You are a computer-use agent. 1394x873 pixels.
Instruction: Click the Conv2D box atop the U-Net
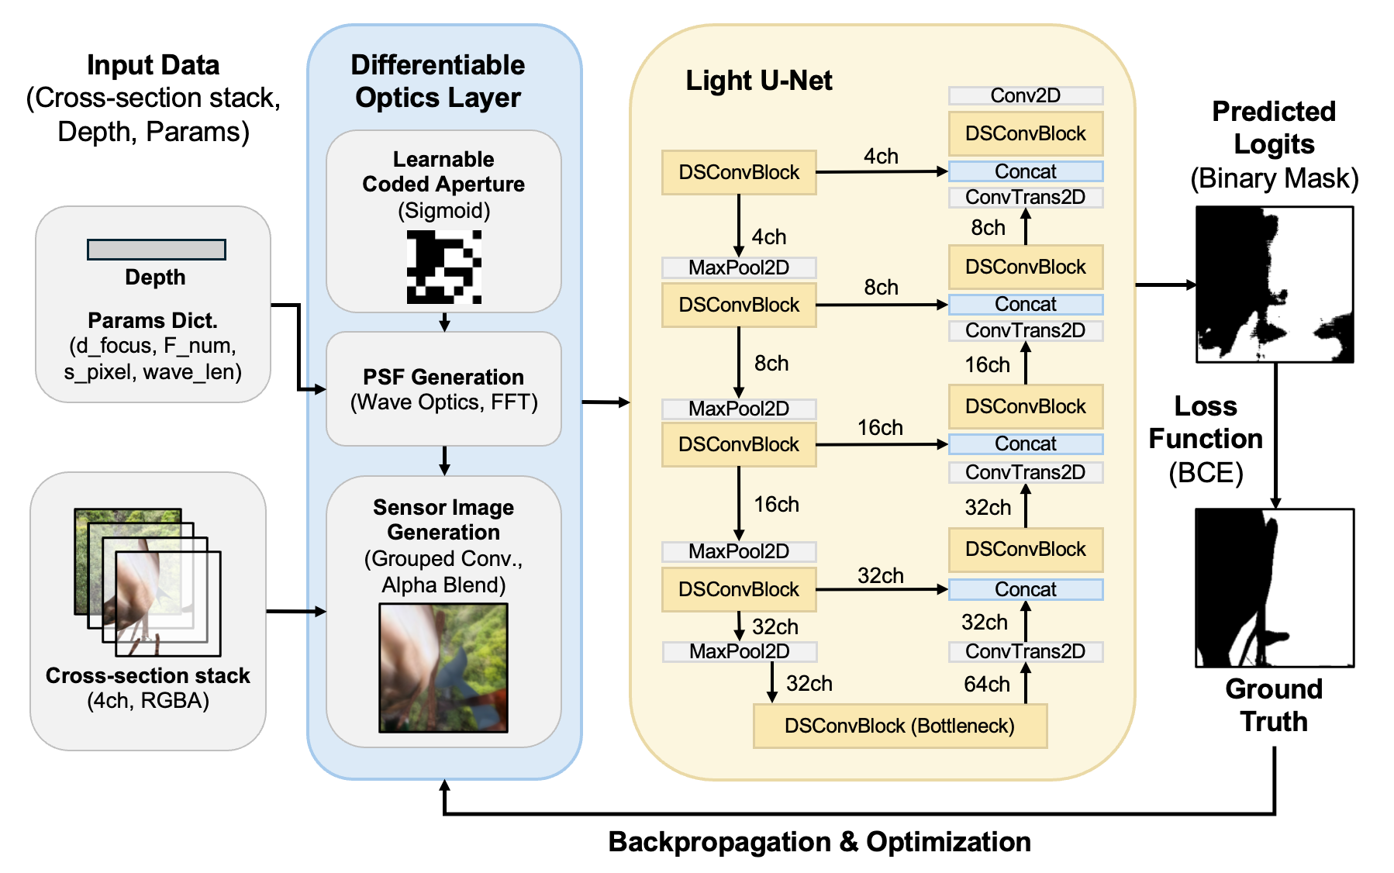click(1025, 95)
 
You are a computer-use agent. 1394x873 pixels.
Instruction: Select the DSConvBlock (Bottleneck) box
click(899, 726)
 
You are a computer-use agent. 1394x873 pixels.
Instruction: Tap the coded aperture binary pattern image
click(443, 267)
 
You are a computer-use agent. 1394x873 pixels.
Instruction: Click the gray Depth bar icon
click(156, 250)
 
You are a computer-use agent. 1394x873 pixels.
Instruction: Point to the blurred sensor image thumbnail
click(443, 668)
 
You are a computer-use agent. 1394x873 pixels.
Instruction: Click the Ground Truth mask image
click(1274, 588)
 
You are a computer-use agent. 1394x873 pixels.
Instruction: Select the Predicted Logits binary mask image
click(1274, 285)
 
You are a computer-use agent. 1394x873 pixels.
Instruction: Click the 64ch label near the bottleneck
click(986, 684)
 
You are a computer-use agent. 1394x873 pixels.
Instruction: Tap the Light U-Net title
click(758, 81)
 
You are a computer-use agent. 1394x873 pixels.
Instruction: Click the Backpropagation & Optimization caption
click(819, 842)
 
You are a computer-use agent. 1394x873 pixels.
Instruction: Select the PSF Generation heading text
click(443, 377)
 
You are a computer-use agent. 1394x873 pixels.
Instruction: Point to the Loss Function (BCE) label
click(1206, 439)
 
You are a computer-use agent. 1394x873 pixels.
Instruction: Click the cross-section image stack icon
click(147, 582)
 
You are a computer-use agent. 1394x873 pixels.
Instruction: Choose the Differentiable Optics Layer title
click(438, 81)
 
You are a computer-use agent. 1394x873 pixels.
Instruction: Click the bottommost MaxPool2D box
click(739, 651)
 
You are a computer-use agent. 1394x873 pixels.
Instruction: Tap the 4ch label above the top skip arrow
click(881, 157)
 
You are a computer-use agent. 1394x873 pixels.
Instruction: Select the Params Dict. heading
click(153, 320)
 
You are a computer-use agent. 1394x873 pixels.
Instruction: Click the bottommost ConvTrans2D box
click(1025, 651)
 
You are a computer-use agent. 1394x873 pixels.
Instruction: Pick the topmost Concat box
click(1025, 171)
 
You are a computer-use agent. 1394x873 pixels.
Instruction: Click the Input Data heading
click(154, 65)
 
